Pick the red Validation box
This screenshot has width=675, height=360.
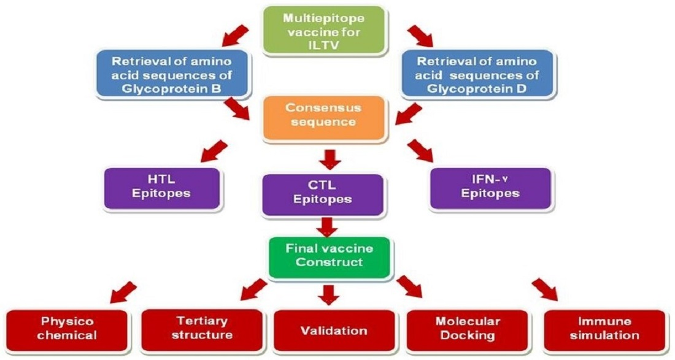click(x=334, y=331)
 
